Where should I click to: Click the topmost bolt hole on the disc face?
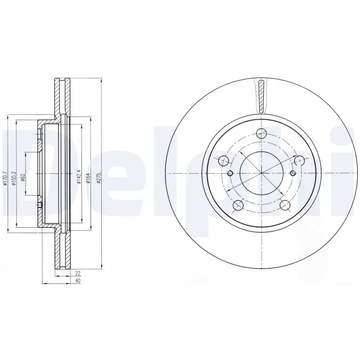pyautogui.click(x=261, y=133)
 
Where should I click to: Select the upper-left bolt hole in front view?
pyautogui.click(x=222, y=160)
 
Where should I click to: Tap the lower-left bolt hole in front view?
pyautogui.click(x=237, y=205)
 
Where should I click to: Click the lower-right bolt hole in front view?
pyautogui.click(x=284, y=205)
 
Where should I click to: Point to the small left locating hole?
pyautogui.click(x=230, y=174)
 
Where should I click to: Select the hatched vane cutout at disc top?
pyautogui.click(x=261, y=94)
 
